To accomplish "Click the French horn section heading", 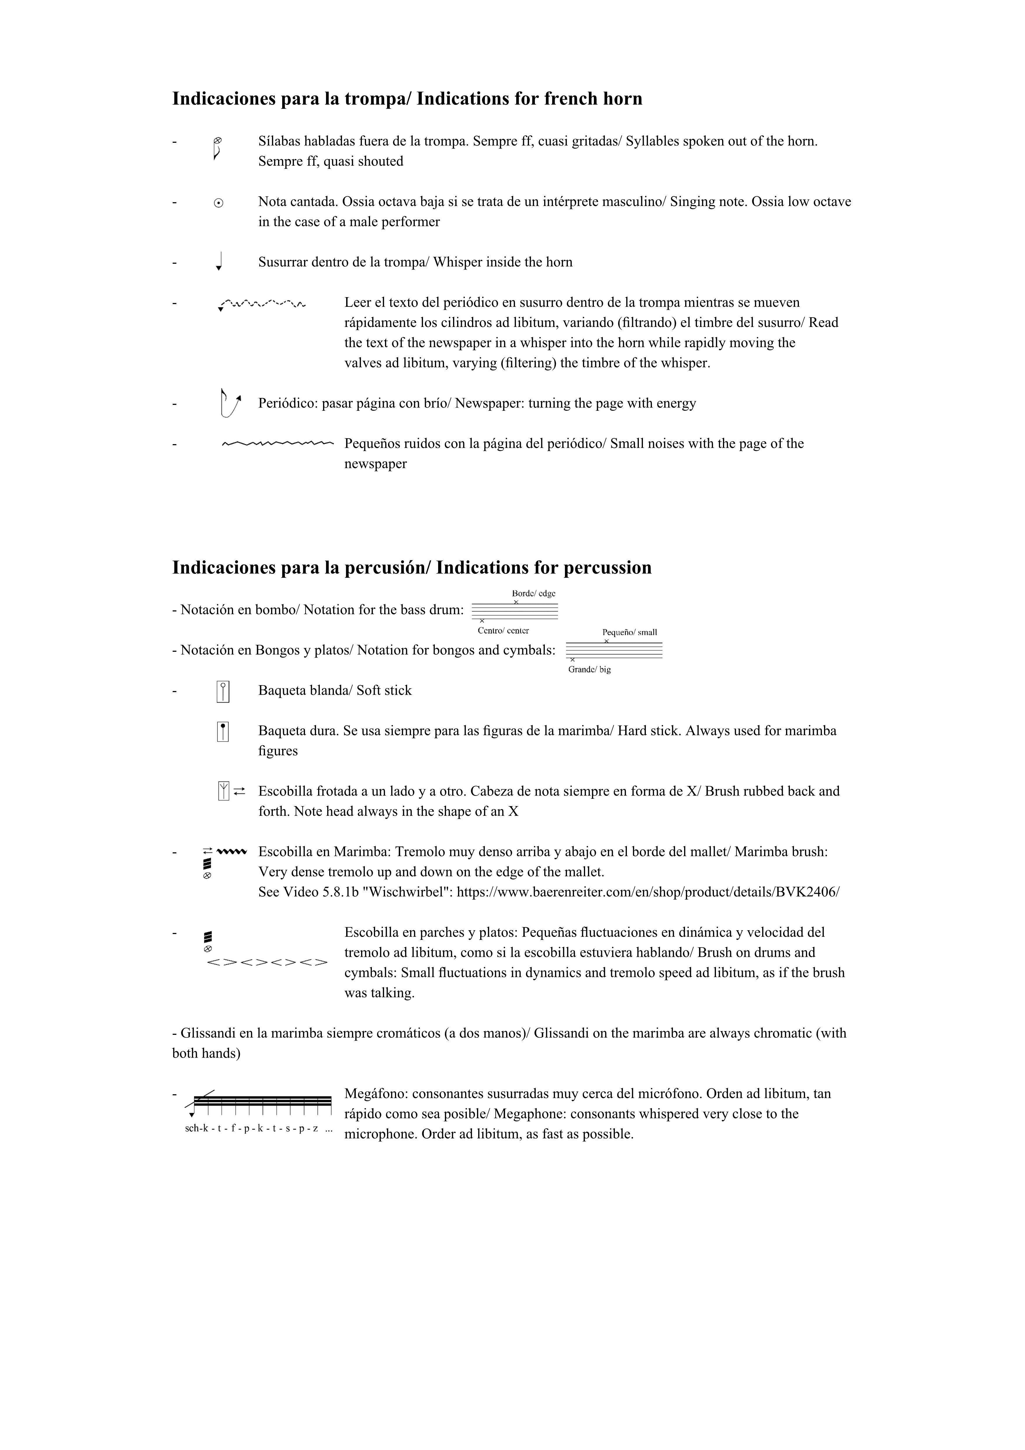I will pos(407,99).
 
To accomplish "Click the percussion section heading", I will pos(412,568).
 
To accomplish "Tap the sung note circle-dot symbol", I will pos(218,203).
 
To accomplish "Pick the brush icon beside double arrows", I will pos(223,791).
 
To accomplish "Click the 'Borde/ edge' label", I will pos(534,594).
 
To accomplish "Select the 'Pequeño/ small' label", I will pos(630,632).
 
